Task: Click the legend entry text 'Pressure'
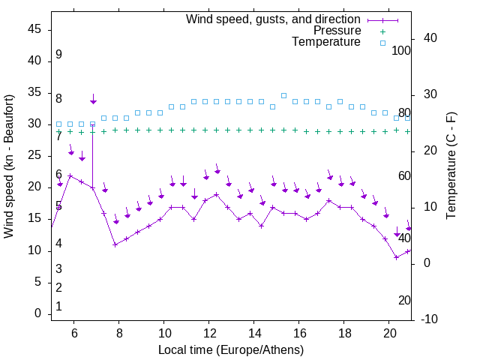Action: coord(337,31)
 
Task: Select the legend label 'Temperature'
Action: coord(326,43)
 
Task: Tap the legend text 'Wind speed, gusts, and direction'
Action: coord(274,19)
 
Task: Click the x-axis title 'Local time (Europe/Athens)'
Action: coord(231,350)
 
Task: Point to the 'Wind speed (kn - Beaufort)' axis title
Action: coord(9,166)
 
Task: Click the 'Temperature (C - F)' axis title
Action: coord(451,166)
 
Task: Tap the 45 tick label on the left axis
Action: coord(34,29)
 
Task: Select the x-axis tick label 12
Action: coord(209,333)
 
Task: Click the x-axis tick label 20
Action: coord(389,333)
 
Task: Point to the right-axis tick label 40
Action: coord(431,38)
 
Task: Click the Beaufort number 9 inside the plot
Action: coord(58,55)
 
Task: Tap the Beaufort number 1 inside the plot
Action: coord(58,307)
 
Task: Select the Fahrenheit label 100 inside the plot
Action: coord(402,51)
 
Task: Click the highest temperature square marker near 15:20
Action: coord(283,95)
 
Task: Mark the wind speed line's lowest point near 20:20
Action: coord(397,257)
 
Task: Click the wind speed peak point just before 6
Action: coord(70,176)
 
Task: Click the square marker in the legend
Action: coord(382,43)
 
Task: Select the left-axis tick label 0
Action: coord(37,313)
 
